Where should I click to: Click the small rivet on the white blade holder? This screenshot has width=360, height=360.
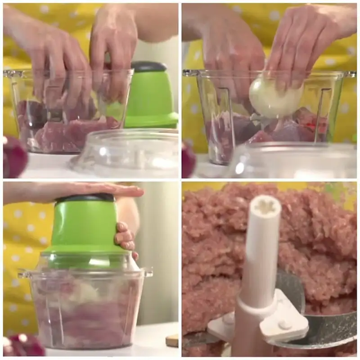tap(284, 324)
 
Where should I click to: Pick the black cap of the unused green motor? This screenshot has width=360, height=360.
tap(148, 67)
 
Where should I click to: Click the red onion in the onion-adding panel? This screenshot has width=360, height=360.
tap(188, 160)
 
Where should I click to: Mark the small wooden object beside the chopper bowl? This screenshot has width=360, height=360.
tap(172, 340)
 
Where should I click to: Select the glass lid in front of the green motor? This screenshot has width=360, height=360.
tap(130, 153)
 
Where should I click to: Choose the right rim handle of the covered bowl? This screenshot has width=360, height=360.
tap(148, 273)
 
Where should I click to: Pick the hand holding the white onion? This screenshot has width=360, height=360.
tap(297, 49)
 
